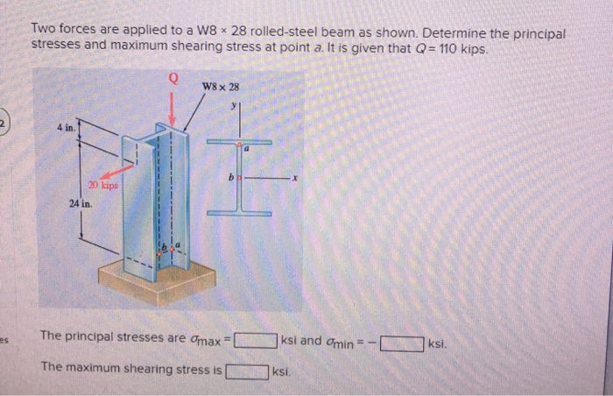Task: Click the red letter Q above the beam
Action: click(x=173, y=78)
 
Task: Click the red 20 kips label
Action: click(x=104, y=186)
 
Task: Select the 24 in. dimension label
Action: click(x=82, y=203)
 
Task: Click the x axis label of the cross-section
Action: click(x=296, y=177)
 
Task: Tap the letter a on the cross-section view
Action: click(x=247, y=151)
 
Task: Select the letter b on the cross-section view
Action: click(x=230, y=176)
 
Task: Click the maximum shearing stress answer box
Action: click(x=248, y=371)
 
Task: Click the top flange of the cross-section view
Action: click(x=240, y=142)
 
